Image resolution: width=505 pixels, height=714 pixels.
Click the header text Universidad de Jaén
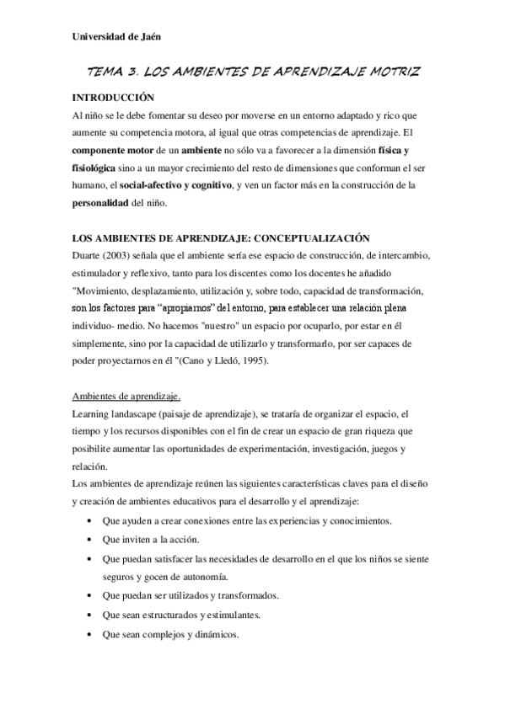[x=116, y=36]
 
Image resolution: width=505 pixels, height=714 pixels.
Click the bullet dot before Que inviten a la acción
[x=90, y=540]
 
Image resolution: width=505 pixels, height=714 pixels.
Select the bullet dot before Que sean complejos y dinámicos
[x=90, y=635]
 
